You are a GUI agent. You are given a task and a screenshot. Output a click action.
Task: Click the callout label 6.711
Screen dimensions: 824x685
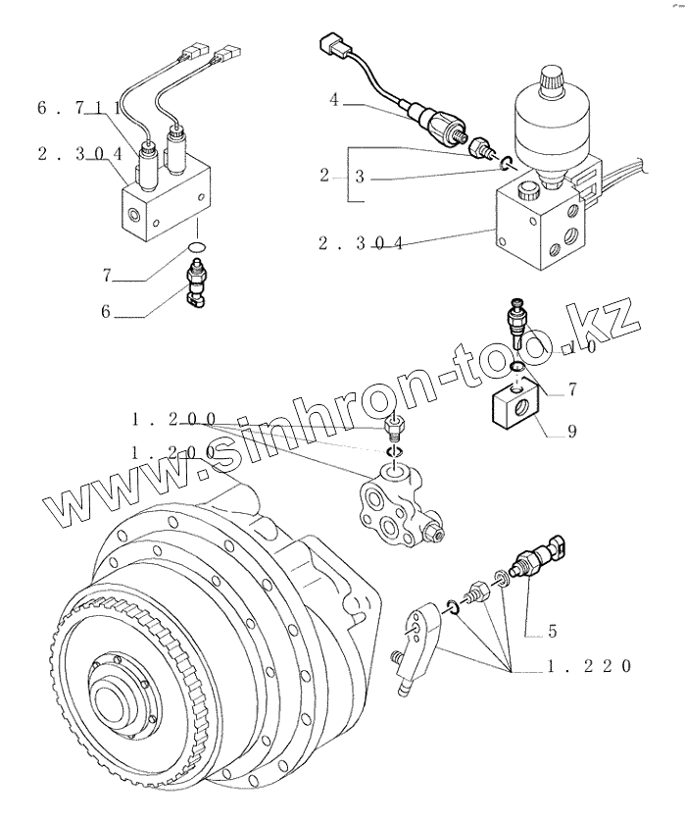tap(78, 108)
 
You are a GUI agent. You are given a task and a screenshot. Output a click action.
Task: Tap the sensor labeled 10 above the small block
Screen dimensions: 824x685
tap(514, 325)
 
